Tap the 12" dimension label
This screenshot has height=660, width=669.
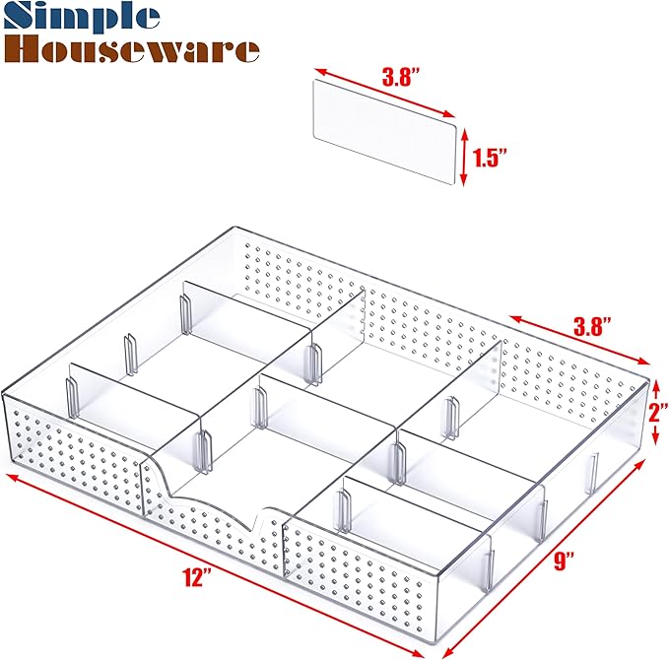[196, 578]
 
